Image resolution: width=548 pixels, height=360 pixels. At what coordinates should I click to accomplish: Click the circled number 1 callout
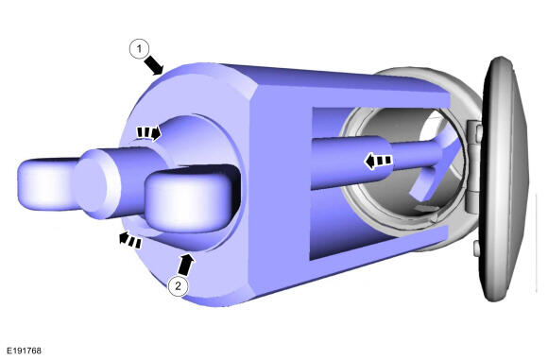pos(140,49)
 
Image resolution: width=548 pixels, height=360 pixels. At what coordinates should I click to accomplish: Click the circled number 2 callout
pos(179,286)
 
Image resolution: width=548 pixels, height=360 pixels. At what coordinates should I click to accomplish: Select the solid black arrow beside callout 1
pos(154,65)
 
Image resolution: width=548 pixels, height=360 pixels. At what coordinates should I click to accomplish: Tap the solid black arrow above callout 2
pos(185,264)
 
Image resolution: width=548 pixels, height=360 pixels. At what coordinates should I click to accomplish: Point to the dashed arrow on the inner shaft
pos(377,162)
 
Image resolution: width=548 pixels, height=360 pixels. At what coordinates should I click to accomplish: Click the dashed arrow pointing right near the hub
pos(148,133)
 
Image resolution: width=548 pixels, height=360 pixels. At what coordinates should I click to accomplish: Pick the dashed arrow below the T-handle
pos(129,240)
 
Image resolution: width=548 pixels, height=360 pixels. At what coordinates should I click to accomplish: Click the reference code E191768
pos(25,351)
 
